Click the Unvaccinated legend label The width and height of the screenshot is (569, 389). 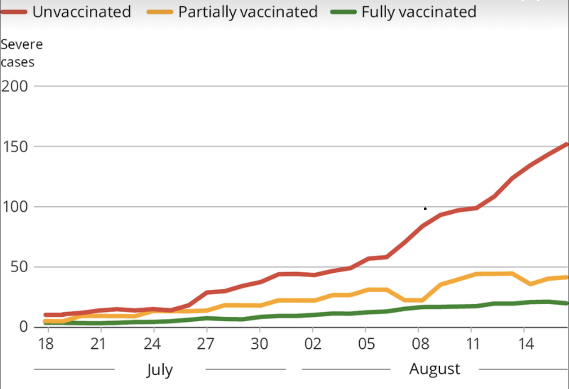point(82,11)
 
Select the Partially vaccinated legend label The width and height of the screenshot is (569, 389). point(248,11)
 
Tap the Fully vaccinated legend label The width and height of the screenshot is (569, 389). point(419,11)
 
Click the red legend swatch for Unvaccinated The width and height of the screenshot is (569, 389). point(14,12)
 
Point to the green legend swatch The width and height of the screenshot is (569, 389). point(343,12)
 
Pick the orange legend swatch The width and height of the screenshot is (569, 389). point(160,12)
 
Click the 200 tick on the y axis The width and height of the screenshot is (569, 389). point(15,86)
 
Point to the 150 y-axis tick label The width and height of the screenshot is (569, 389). point(15,147)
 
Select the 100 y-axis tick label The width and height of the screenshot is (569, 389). point(15,207)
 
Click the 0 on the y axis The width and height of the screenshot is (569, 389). point(22,327)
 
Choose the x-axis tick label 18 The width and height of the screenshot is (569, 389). point(46,344)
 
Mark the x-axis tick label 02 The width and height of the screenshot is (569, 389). point(312,344)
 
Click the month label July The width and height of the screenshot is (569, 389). point(160,369)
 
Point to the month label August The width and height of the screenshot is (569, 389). point(435,368)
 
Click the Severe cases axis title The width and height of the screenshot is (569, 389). point(21,53)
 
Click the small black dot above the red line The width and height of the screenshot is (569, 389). point(425,209)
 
